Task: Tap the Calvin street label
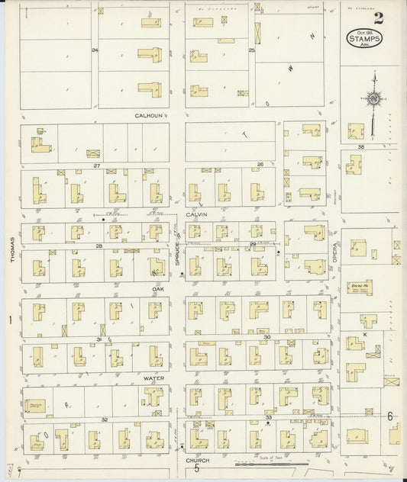tap(197, 215)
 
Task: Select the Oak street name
tap(158, 290)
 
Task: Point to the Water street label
tap(154, 378)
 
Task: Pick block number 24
tap(95, 50)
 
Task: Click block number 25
tap(251, 50)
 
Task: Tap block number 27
tap(97, 165)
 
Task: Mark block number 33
tap(269, 418)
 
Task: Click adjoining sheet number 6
tap(389, 416)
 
